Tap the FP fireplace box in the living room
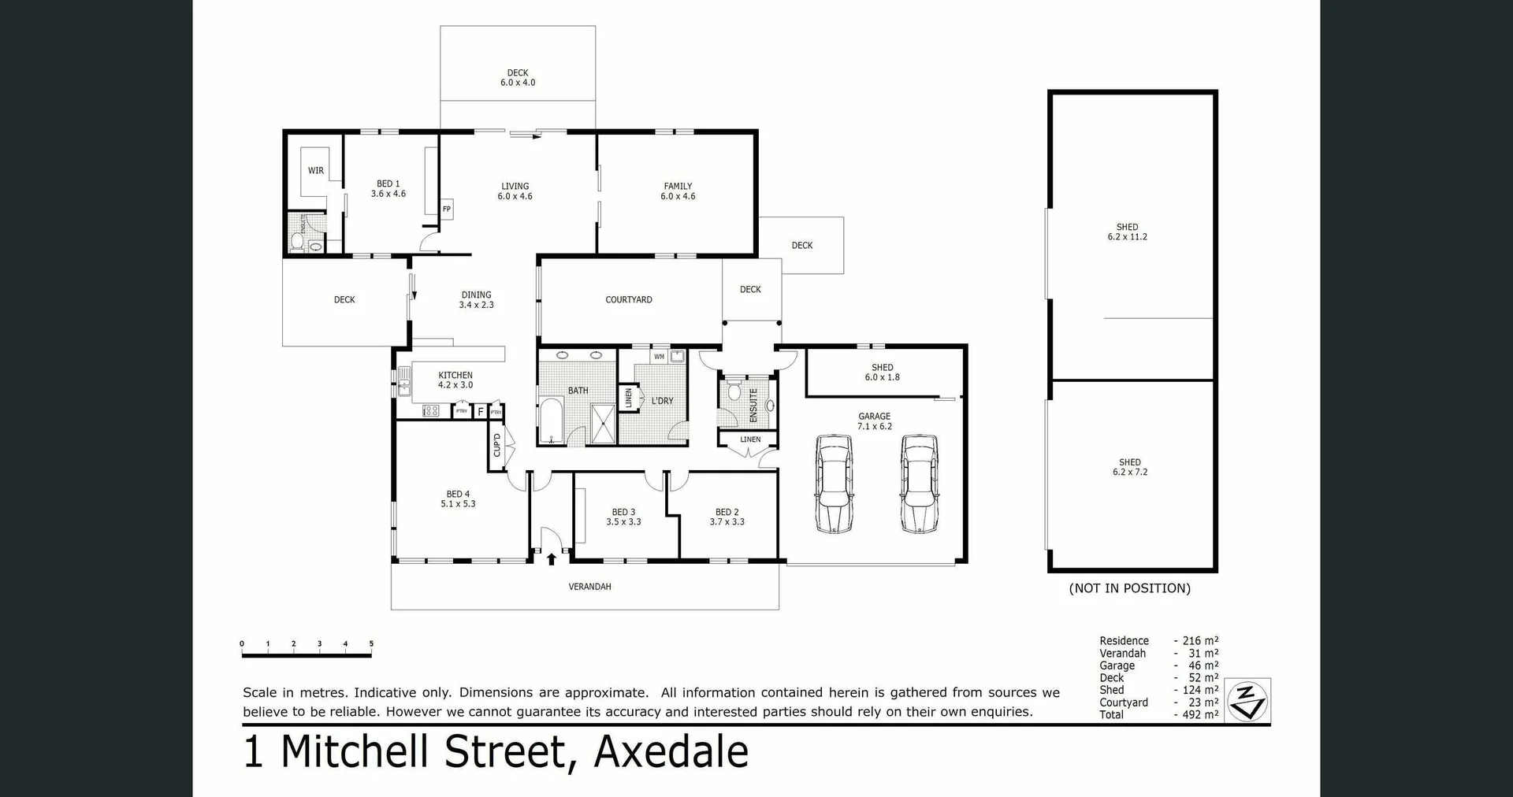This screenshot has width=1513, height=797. point(447,209)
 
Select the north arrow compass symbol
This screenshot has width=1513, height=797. point(1247,701)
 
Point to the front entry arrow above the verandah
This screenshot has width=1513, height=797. point(551,559)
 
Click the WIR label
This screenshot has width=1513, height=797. point(316,170)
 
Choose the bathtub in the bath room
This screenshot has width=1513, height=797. point(551,422)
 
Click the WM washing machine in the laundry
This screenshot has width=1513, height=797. point(660,357)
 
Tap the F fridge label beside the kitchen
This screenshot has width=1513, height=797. point(480,412)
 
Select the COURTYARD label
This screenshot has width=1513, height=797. point(629,300)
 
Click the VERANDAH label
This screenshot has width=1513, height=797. point(590,587)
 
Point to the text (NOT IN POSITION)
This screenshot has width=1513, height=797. point(1129,588)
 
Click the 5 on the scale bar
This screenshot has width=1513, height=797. point(371,644)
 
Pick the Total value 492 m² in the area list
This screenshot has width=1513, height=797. point(1200,715)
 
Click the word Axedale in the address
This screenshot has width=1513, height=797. point(671,751)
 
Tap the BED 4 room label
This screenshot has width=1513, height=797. point(458,499)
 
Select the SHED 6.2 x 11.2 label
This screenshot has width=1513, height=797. point(1127,232)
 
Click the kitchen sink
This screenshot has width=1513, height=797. point(404,387)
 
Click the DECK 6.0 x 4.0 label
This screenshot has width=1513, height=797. point(518,77)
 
